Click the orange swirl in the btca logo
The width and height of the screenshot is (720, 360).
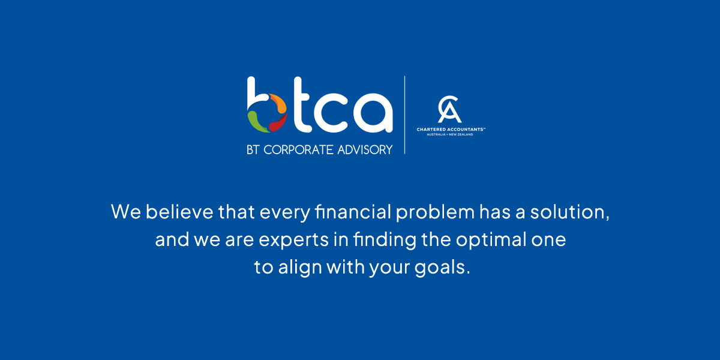coord(272,103)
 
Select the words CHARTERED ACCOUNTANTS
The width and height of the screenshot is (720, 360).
coord(451,129)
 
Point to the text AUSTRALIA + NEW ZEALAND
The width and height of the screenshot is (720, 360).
coord(451,134)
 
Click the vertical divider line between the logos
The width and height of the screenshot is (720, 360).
coord(404,115)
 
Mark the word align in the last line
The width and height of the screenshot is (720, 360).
coord(299,268)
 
